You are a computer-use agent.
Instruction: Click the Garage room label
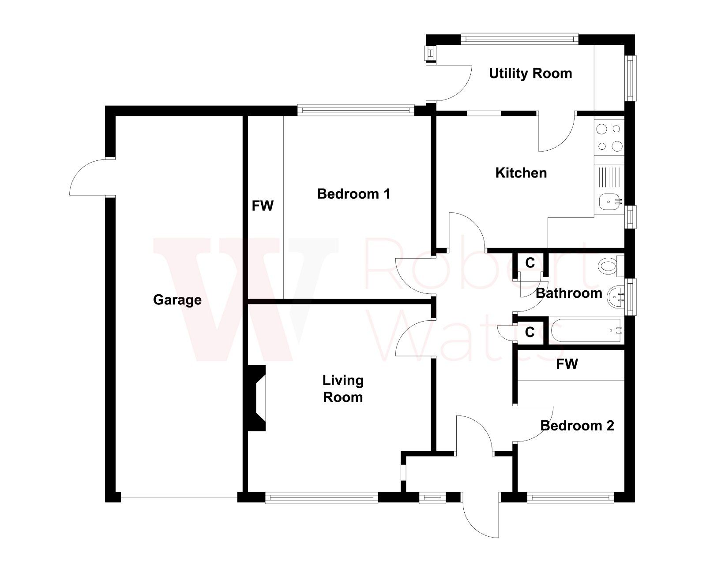[177, 300]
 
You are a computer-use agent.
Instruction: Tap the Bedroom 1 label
[353, 194]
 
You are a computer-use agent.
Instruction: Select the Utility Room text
[530, 73]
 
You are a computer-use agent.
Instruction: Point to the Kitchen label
[521, 173]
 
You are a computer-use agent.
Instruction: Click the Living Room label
[343, 389]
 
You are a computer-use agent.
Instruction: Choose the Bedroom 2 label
[577, 426]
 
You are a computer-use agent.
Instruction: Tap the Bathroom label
[569, 293]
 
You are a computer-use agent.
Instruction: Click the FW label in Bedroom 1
[263, 205]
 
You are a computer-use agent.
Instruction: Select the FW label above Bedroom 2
[567, 364]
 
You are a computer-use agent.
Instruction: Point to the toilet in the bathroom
[609, 266]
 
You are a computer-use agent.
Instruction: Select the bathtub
[586, 330]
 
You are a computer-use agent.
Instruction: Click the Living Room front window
[321, 498]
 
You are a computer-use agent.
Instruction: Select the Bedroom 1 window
[356, 109]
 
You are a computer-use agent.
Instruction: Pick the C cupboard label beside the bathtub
[530, 332]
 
